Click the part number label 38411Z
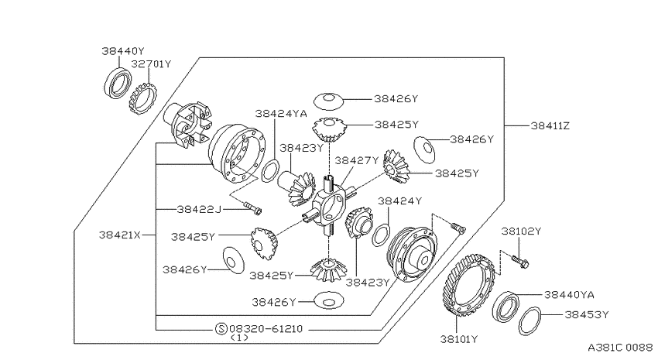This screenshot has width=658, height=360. coord(550,126)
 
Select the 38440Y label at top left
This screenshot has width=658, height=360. coord(122,51)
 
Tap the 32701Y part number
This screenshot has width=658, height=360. coord(151,64)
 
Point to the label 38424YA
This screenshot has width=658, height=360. coord(281,114)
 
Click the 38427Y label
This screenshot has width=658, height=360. coord(356,160)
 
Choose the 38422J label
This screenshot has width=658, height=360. coord(198,209)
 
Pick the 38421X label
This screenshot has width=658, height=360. coord(120,235)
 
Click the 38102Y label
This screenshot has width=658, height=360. coord(521,231)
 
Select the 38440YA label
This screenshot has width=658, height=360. coord(569,295)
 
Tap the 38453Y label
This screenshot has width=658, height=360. coord(586,314)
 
